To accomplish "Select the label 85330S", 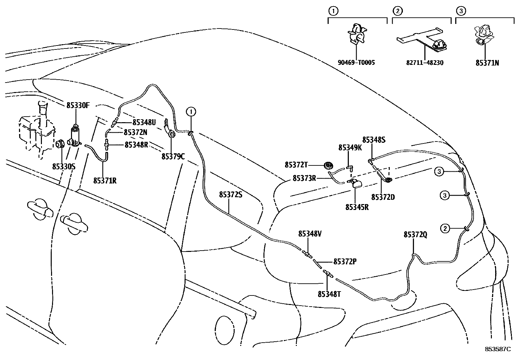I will [x=64, y=166].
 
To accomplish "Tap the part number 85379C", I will [x=173, y=157].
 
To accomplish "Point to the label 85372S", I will [x=230, y=195].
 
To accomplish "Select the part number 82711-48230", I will [x=425, y=63].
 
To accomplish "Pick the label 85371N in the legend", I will [x=487, y=63].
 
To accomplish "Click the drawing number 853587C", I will [x=497, y=349].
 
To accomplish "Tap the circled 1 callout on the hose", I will [x=191, y=112].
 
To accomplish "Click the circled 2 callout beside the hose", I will [x=445, y=228].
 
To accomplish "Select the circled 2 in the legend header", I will [x=397, y=11].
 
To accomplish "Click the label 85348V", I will [x=310, y=234].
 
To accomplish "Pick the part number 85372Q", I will [x=415, y=235].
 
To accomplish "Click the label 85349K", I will [x=350, y=148].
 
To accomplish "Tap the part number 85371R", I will [x=105, y=180].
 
